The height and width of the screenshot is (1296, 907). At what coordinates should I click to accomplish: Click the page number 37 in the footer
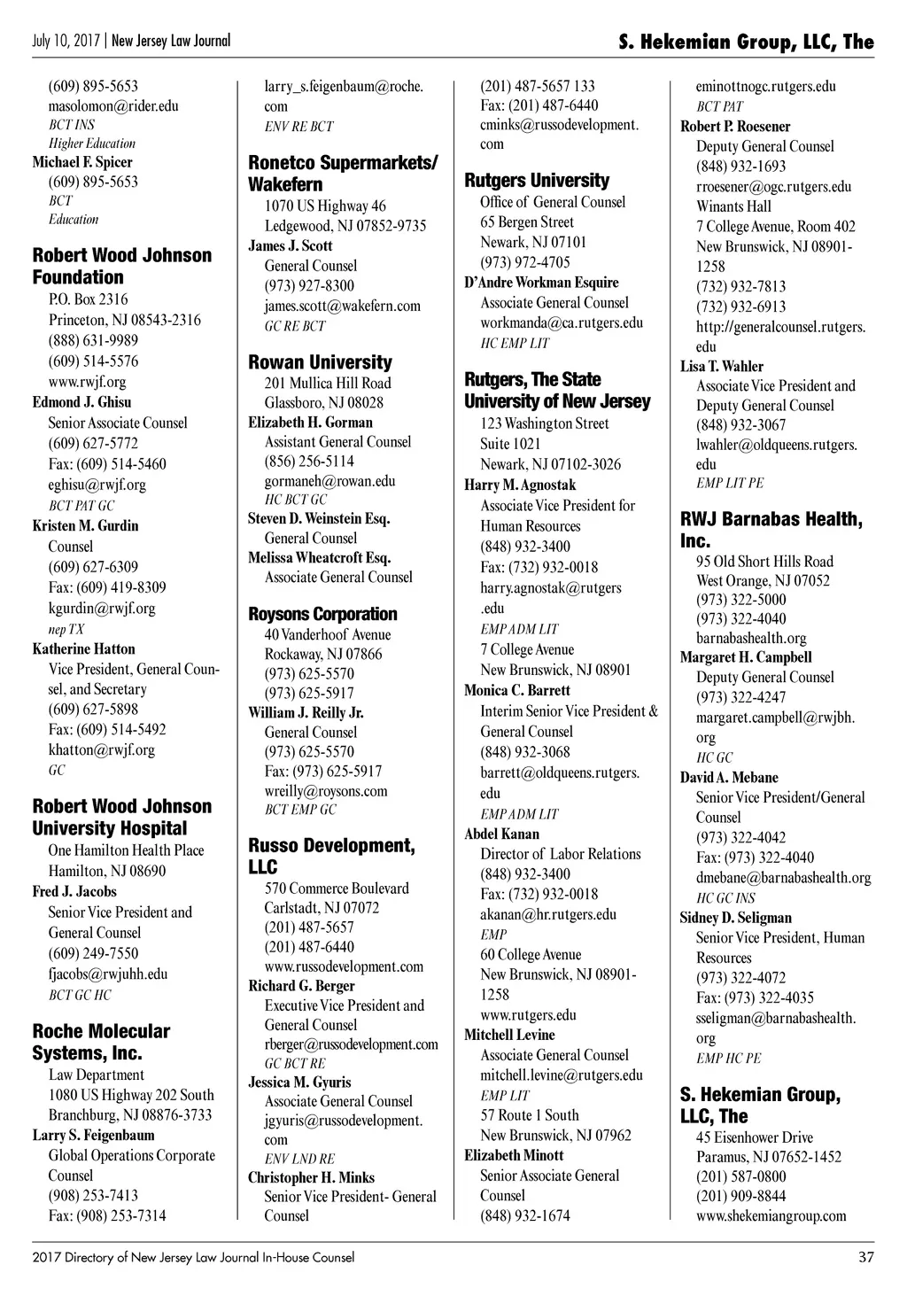tap(865, 1257)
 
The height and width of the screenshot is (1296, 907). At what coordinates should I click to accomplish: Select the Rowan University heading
tap(320, 362)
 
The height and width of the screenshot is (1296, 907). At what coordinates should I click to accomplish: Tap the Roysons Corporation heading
tap(322, 614)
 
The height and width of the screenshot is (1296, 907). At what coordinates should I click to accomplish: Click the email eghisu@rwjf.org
tap(97, 485)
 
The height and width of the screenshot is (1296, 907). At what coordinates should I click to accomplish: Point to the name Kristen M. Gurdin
tap(86, 525)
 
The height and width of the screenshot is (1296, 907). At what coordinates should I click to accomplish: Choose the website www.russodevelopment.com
tap(344, 966)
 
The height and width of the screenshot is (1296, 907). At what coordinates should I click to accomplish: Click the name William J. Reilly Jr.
tap(306, 712)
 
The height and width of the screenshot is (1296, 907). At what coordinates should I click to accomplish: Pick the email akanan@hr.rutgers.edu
tap(548, 914)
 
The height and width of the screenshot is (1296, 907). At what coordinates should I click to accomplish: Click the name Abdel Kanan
tap(501, 834)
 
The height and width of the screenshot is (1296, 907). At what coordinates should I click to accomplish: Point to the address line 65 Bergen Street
tap(527, 222)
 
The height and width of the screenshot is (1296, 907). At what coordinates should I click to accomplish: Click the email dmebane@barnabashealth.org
tap(783, 878)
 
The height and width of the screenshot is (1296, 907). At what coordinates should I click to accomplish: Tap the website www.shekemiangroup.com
tap(771, 1216)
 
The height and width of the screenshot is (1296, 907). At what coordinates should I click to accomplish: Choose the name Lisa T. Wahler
tap(722, 366)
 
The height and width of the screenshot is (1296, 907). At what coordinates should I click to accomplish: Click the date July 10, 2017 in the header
tap(66, 41)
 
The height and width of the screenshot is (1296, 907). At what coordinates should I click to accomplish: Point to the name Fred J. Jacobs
tap(74, 891)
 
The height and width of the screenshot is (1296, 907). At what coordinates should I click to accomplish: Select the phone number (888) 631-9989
tap(93, 340)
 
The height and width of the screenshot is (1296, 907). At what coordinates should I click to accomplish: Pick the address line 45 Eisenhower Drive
tap(755, 1137)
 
